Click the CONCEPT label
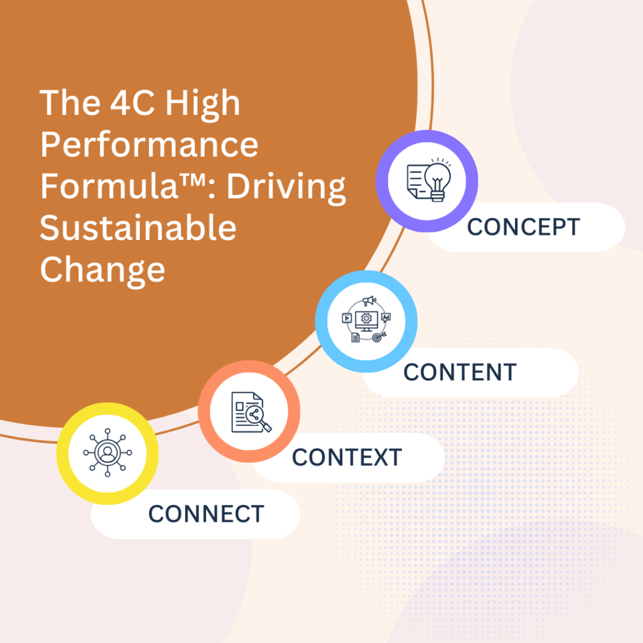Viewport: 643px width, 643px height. pos(524,227)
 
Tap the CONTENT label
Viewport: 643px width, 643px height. pos(460,372)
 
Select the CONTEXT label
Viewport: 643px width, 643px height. pos(347,457)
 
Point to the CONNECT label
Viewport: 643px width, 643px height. pos(206,514)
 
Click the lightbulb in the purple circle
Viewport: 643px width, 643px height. pos(438,180)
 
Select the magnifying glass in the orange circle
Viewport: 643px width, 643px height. pos(257,418)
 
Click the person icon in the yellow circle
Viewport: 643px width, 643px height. pos(107,453)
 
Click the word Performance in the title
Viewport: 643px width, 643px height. pos(149,145)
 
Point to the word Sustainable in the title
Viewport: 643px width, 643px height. pos(138,228)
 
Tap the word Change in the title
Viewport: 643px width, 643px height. pos(102,271)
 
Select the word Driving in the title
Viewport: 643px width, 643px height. pos(286,188)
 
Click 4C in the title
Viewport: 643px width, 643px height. pos(132,103)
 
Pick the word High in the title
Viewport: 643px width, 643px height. pos(203,105)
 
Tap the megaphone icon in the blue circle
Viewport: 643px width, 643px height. pos(369,301)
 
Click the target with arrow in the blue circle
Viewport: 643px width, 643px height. pos(379,337)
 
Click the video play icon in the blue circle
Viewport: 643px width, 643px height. pos(347,318)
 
